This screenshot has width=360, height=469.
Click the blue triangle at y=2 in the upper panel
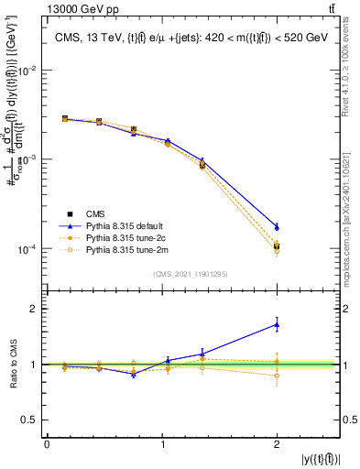coord(277,226)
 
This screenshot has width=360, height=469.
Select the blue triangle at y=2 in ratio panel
coord(277,324)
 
